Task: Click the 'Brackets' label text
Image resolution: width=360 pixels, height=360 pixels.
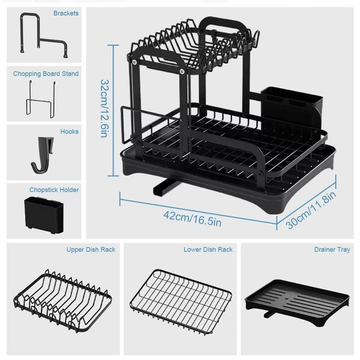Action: pos(66,13)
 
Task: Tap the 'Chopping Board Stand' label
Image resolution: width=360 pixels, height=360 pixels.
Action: pos(46,74)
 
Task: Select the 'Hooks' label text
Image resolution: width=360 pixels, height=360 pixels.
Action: pos(69,132)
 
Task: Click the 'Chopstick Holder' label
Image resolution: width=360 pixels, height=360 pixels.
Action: pos(54,190)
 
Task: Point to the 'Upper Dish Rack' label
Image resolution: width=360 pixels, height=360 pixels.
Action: pos(91,249)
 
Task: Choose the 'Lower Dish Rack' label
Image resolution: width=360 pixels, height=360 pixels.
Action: pos(208,249)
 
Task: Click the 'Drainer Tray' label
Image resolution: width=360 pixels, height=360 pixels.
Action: pos(332,249)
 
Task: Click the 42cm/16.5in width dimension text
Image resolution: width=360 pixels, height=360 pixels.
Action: pos(192,218)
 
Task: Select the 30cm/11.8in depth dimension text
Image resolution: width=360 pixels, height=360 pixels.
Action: pos(311,210)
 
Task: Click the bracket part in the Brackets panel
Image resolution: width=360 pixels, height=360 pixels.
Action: pos(43,36)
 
